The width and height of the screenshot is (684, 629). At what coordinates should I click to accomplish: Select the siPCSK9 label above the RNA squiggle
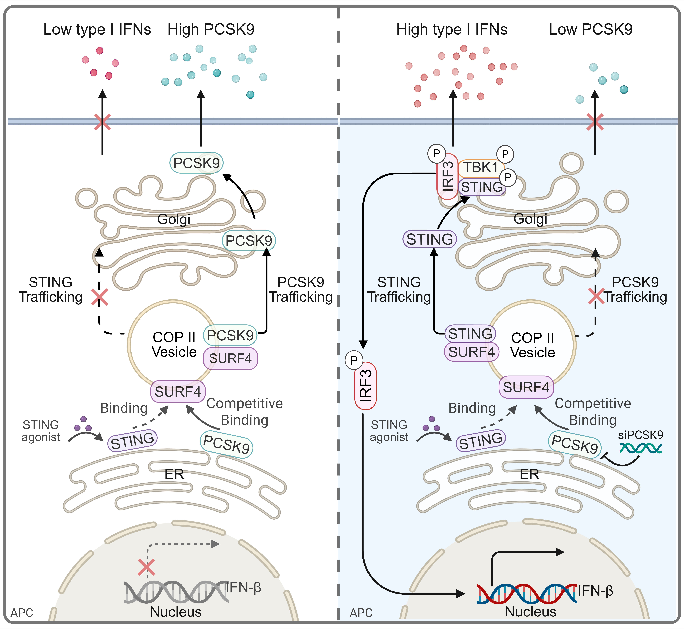pyautogui.click(x=640, y=435)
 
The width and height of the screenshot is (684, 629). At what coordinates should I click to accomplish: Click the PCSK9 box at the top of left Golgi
pyautogui.click(x=196, y=163)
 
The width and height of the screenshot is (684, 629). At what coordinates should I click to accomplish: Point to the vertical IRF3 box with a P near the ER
pyautogui.click(x=365, y=386)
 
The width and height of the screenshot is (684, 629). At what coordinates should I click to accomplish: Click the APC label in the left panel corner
pyautogui.click(x=22, y=613)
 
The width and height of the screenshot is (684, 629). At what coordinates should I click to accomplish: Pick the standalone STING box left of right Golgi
pyautogui.click(x=430, y=239)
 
